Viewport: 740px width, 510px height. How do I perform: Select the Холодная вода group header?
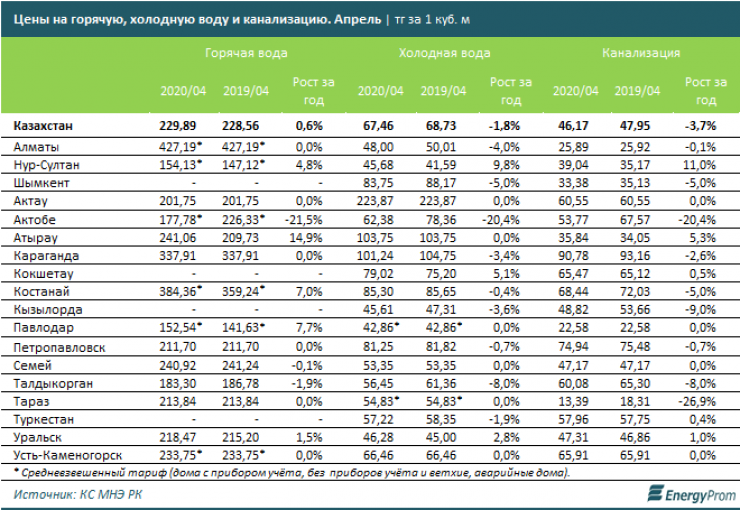[445, 53]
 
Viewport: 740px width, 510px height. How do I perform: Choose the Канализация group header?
[641, 53]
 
